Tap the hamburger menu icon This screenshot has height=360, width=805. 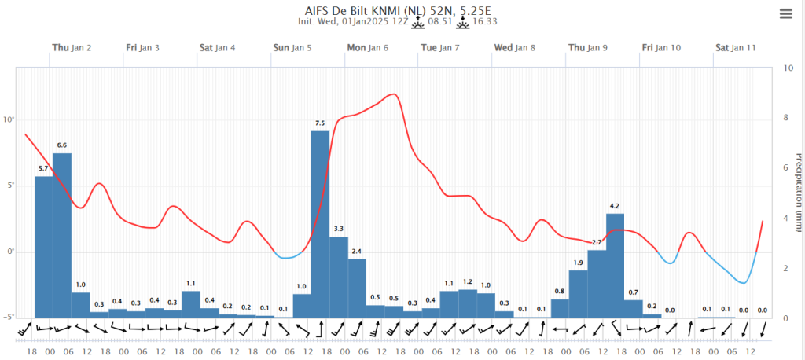[786, 14]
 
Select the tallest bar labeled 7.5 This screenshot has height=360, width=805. [321, 224]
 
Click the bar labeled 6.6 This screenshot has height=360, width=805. [62, 235]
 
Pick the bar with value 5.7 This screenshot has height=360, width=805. [44, 247]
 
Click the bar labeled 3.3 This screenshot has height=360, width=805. [339, 277]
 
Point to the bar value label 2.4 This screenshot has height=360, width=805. [357, 251]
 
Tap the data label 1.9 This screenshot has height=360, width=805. [578, 263]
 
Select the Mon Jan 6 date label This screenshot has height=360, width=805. [368, 48]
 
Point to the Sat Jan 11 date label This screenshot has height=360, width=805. [736, 48]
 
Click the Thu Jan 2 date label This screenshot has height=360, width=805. [72, 48]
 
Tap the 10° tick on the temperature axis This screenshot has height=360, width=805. [7, 120]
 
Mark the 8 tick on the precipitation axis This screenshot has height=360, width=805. [785, 118]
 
